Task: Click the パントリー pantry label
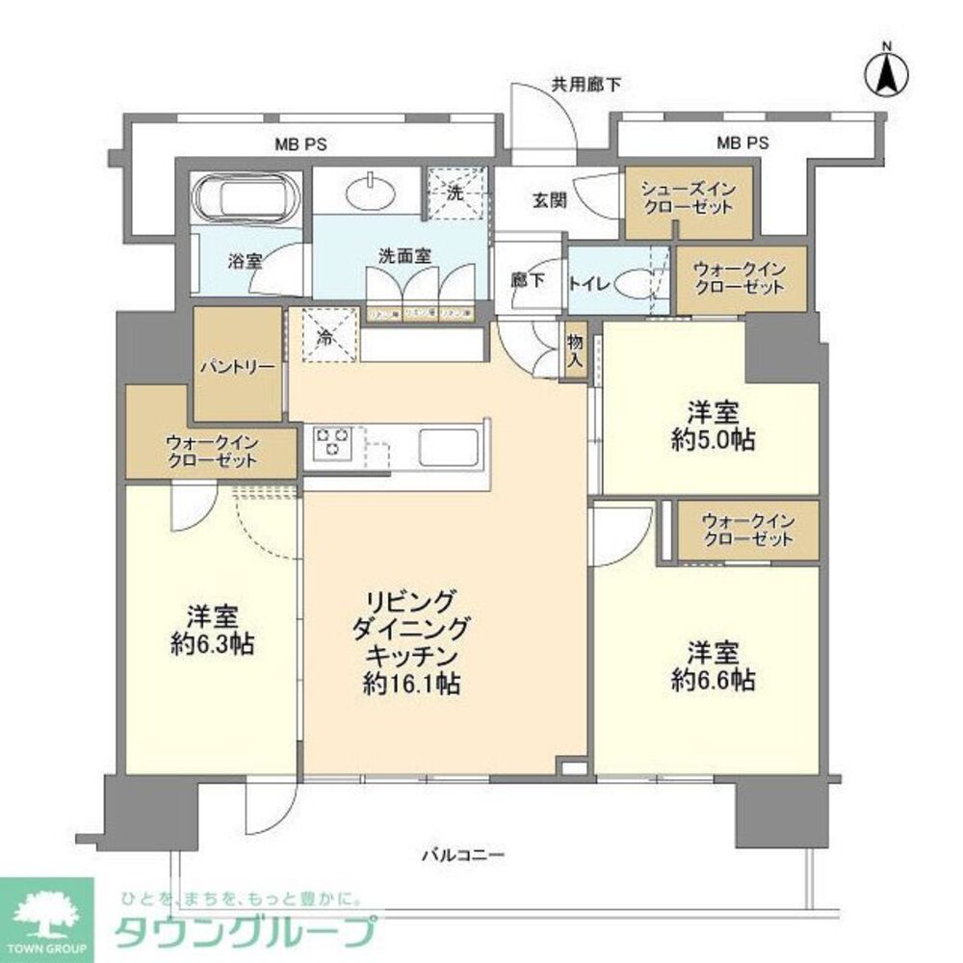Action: (237, 367)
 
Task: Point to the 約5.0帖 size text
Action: (714, 441)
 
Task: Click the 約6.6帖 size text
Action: (713, 681)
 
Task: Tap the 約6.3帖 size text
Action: (213, 644)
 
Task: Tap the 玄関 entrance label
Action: (548, 200)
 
